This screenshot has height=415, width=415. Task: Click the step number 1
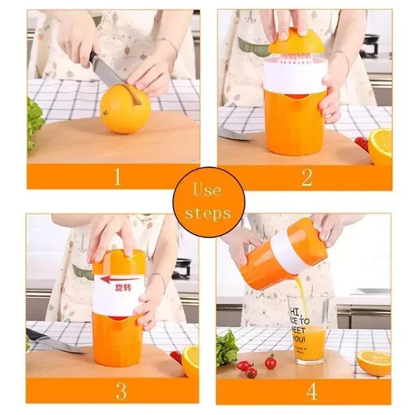[x=118, y=177]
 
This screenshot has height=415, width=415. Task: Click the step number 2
[x=307, y=177]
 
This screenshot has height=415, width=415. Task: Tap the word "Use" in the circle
[x=208, y=190]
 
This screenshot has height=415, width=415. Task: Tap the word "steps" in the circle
[x=208, y=213]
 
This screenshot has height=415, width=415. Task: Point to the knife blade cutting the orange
[x=106, y=73]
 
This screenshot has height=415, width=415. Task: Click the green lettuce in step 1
[x=34, y=122]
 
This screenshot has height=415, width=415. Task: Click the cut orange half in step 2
[x=381, y=146]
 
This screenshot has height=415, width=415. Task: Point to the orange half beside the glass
[x=373, y=362]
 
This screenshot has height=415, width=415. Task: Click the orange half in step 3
[x=190, y=361]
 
